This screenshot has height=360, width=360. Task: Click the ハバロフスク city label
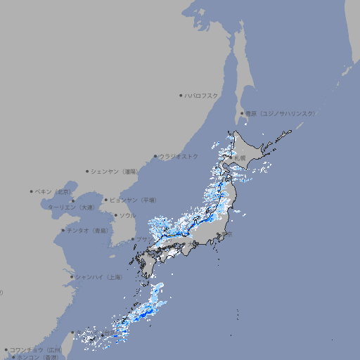[202, 95]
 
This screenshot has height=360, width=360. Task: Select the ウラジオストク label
[179, 156]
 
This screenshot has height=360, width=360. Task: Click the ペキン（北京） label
[53, 191]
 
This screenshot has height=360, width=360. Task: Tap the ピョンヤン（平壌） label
[133, 200]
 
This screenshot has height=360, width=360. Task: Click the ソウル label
[127, 215]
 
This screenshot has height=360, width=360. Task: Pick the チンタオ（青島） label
[88, 230]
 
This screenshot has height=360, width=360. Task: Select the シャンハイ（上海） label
[98, 277]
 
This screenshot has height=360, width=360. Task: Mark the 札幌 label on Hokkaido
[240, 157]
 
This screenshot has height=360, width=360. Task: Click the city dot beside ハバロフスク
[181, 95]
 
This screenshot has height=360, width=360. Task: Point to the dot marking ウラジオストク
[155, 157]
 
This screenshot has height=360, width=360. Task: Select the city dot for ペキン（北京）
[32, 191]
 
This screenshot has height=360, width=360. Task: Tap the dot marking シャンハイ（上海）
[72, 277]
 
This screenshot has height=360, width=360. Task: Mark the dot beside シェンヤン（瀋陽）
[87, 171]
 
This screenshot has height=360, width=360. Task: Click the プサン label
[143, 239]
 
